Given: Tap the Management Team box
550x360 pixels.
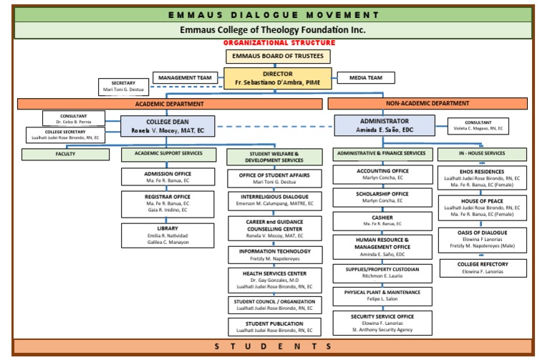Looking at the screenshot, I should pyautogui.click(x=184, y=77).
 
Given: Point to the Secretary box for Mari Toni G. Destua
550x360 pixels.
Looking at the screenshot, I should pyautogui.click(x=123, y=87).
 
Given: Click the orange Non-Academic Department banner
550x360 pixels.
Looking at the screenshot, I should pyautogui.click(x=428, y=104).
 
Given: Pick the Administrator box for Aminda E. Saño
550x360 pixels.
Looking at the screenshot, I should pyautogui.click(x=384, y=126).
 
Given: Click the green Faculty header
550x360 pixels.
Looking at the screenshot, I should pyautogui.click(x=65, y=154).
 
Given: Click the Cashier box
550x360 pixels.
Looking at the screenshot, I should pyautogui.click(x=382, y=220).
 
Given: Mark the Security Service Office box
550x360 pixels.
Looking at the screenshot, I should pyautogui.click(x=382, y=321).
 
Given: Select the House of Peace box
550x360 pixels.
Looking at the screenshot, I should pyautogui.click(x=483, y=207).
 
